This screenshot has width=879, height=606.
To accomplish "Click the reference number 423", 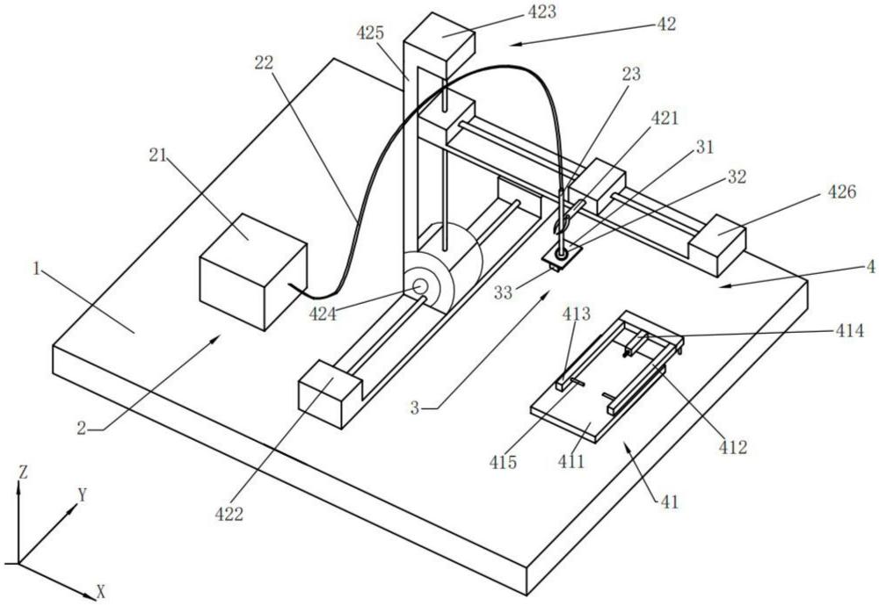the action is tap(541, 12).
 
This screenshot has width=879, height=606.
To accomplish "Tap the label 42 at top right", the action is tap(666, 24).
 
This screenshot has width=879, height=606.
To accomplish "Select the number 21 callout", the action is tap(157, 155).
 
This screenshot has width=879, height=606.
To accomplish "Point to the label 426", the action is tap(841, 192).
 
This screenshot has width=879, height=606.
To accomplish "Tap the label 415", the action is tap(503, 462).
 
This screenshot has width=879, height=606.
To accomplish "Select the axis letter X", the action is tap(101, 591).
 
